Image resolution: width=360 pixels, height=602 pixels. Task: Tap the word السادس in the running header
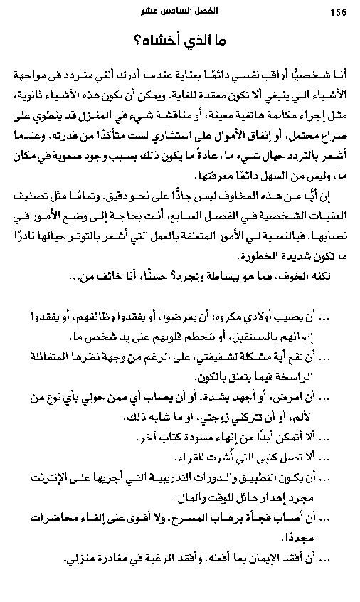click(x=176, y=11)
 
